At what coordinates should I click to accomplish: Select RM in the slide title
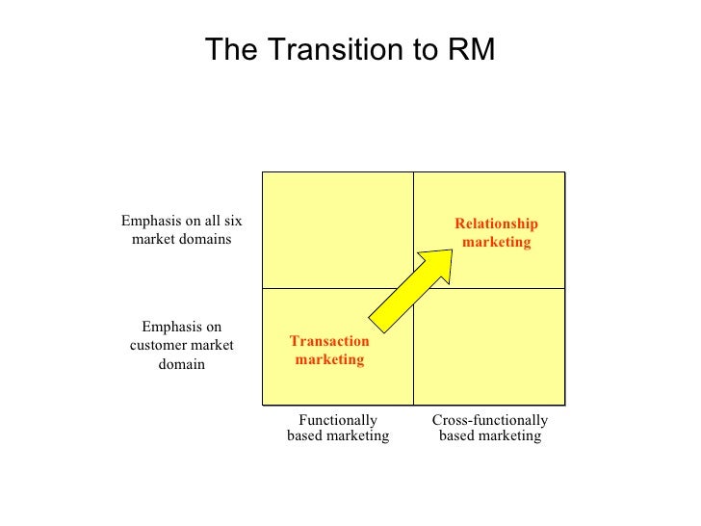click(x=470, y=51)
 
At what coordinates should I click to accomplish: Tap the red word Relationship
click(x=496, y=224)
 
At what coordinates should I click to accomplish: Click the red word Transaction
click(x=329, y=341)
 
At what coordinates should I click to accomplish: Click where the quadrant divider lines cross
click(x=413, y=288)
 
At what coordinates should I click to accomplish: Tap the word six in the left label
click(x=231, y=221)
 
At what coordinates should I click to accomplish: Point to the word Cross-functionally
click(x=490, y=420)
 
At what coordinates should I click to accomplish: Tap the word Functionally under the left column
click(x=338, y=420)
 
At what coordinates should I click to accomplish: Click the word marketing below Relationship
click(x=496, y=243)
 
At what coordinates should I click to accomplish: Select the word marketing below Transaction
click(x=329, y=359)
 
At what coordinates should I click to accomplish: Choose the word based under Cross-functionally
click(x=459, y=436)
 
